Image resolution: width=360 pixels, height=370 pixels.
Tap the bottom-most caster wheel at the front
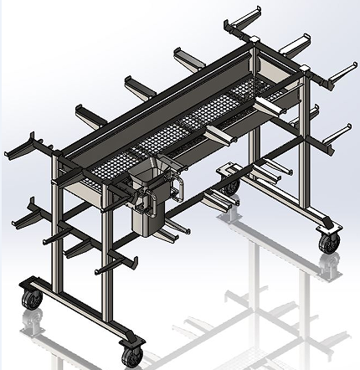point(131,354)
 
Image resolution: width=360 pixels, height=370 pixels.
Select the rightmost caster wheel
point(327,242)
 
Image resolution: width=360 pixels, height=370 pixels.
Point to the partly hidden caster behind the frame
point(228,181)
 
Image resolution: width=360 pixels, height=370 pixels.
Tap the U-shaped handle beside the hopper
point(178,186)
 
